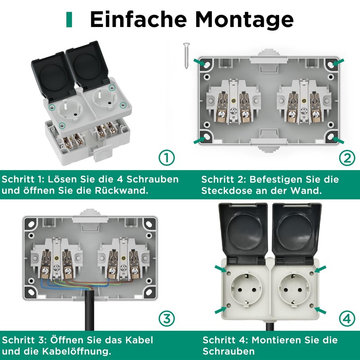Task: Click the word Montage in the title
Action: click(x=244, y=19)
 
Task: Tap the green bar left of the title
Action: click(x=69, y=19)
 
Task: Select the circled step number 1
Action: click(x=166, y=158)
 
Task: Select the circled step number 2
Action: click(x=346, y=158)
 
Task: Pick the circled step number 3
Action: click(x=166, y=319)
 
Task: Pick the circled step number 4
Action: click(x=346, y=319)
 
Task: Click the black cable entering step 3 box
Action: click(x=85, y=315)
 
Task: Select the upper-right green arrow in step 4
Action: click(x=320, y=269)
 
